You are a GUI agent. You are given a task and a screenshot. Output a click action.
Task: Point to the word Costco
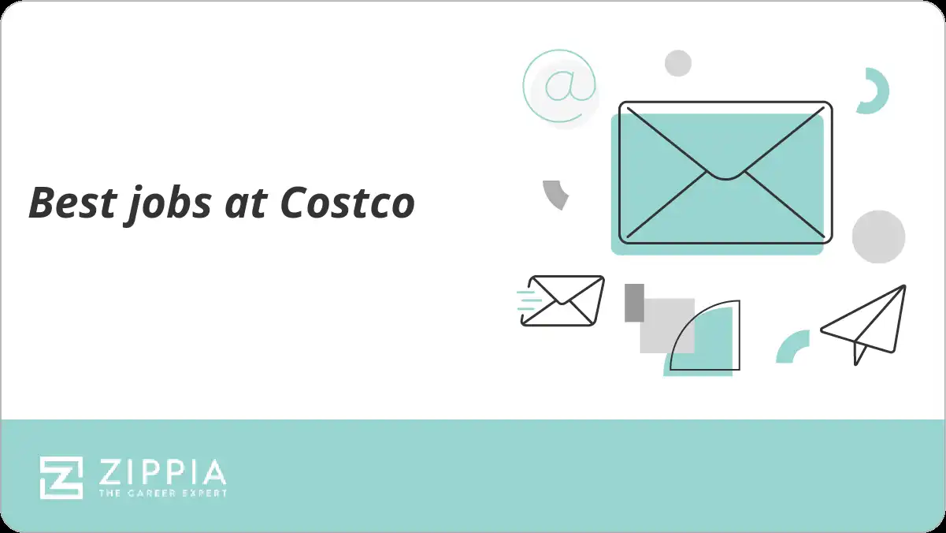(347, 203)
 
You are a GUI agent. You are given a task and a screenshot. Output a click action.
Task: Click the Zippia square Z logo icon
(61, 478)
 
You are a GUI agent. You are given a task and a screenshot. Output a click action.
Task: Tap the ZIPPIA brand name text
(162, 472)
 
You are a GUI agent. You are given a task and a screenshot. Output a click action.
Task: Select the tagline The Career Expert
(162, 494)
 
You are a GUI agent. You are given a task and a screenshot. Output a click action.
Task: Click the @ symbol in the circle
(560, 85)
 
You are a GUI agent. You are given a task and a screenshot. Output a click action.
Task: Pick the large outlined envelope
(725, 172)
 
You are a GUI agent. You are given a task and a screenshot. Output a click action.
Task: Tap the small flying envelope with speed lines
(566, 300)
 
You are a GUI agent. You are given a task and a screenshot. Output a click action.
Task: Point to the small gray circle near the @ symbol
(677, 63)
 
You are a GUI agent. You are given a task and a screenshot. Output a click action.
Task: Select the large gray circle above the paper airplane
(878, 237)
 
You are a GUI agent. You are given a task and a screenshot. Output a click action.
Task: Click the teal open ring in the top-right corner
(874, 91)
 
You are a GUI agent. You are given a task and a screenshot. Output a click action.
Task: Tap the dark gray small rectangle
(634, 303)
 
